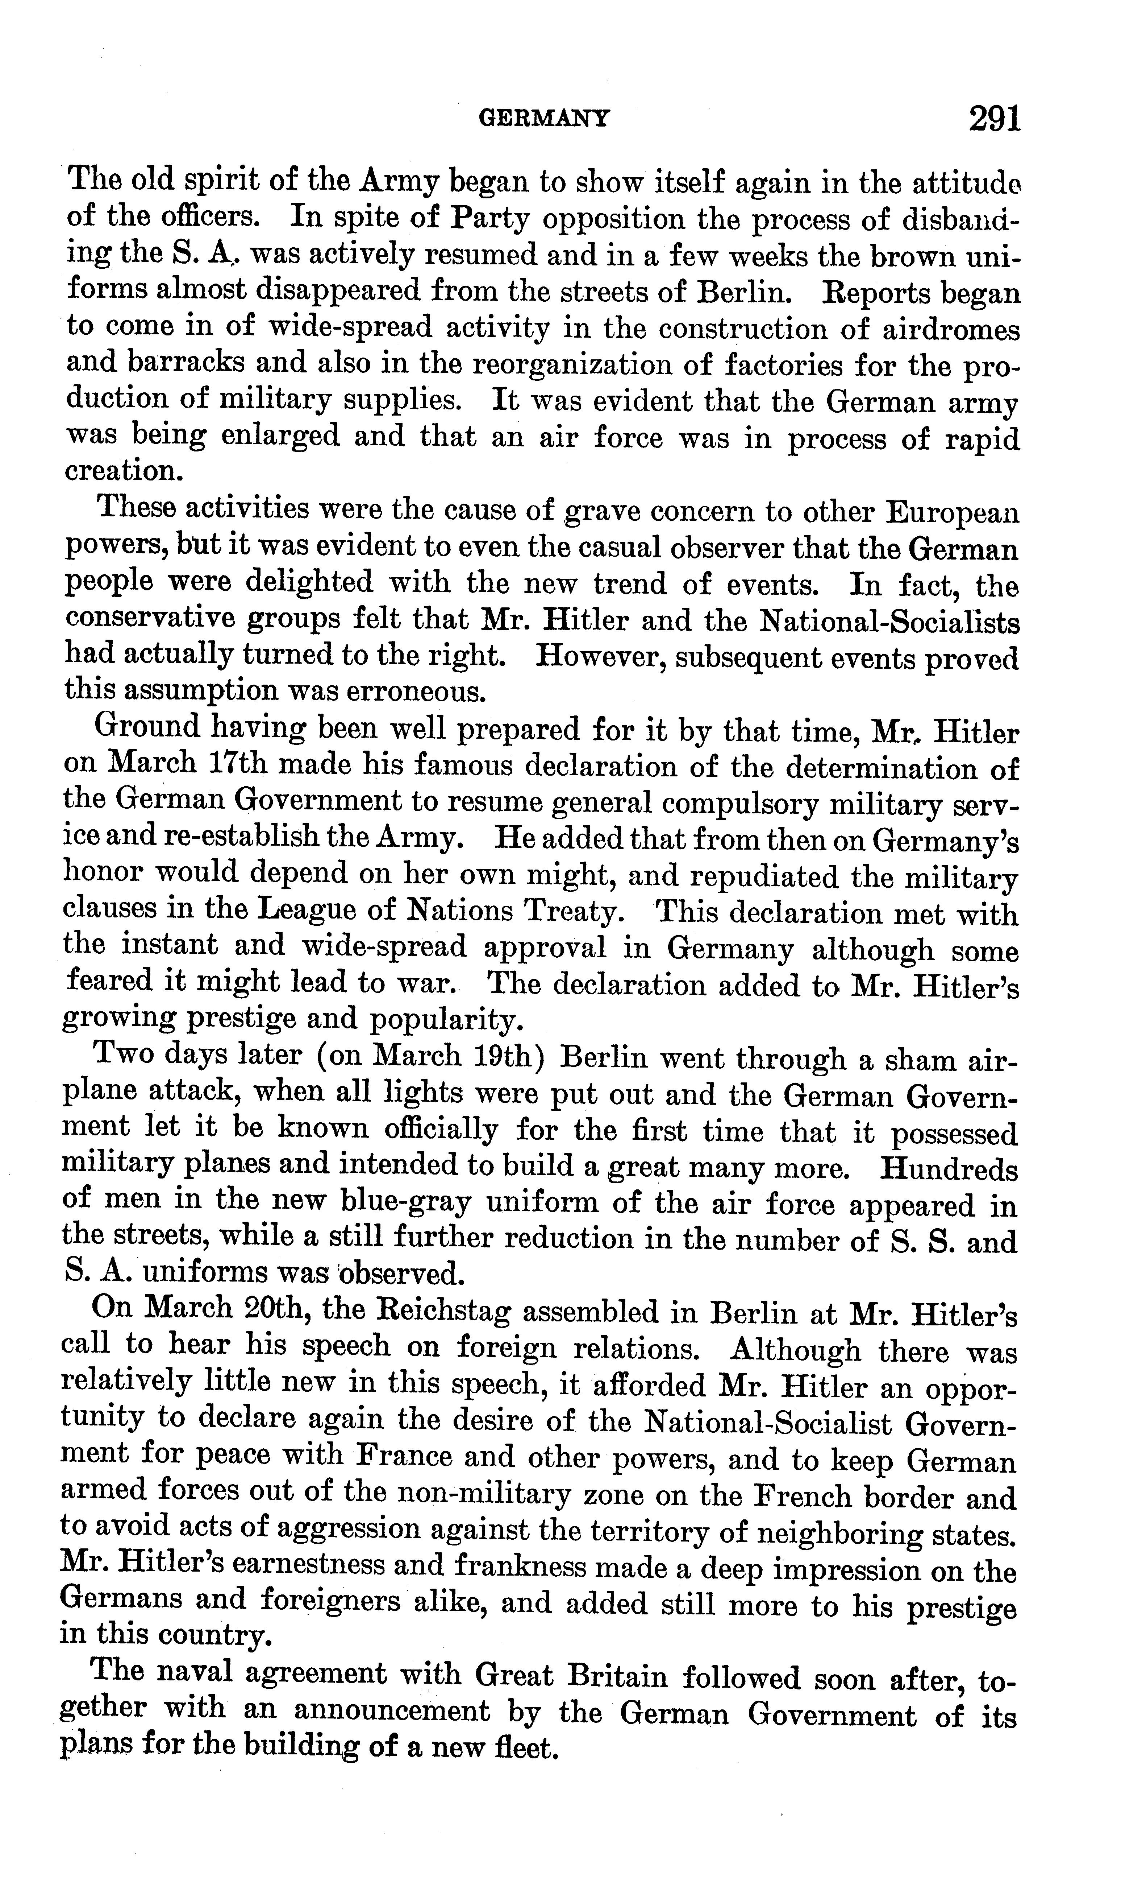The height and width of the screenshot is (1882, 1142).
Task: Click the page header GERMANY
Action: click(543, 118)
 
